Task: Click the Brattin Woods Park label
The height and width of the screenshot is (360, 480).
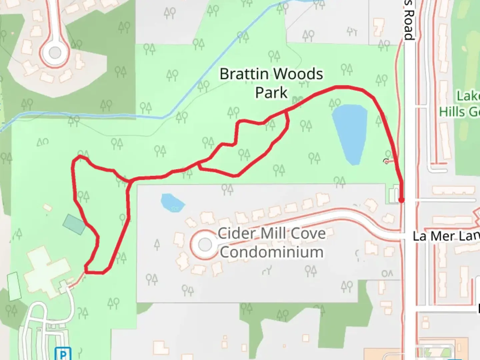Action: point(271,83)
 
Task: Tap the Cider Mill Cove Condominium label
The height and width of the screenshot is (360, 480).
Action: point(272,243)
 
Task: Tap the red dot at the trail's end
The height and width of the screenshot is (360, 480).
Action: point(402,200)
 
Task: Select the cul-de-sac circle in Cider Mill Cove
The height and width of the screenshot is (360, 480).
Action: point(205,245)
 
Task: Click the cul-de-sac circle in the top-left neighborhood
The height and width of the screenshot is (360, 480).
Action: point(55,52)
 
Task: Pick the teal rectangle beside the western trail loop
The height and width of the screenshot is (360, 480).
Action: point(74,224)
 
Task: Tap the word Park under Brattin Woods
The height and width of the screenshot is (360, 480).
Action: point(271,93)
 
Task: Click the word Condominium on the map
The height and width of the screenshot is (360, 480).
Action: point(272,252)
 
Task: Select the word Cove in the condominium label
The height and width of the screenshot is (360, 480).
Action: point(308,233)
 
